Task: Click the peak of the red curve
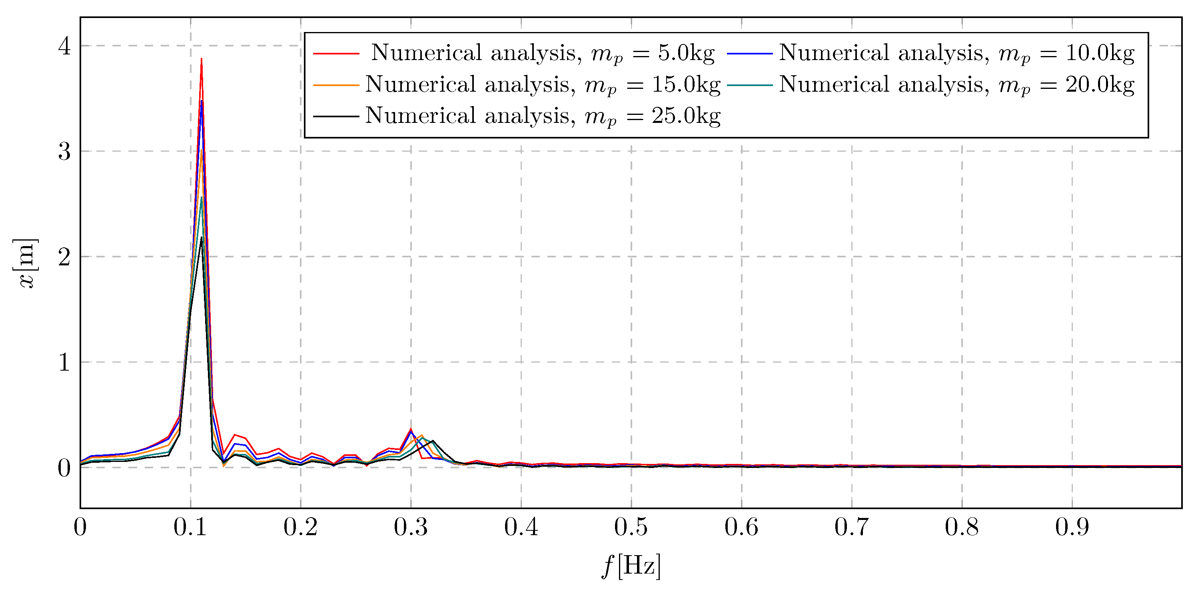coord(201,59)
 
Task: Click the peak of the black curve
coord(201,238)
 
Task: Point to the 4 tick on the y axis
coord(64,46)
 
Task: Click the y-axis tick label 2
coord(64,257)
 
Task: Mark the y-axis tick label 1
coord(64,363)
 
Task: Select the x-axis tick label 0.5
coord(631,527)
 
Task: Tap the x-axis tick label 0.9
coord(1072,527)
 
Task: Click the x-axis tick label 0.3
coord(410,527)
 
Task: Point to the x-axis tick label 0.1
coord(190,527)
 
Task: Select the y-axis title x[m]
coord(26,263)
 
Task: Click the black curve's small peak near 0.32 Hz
coord(433,441)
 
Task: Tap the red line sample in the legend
coord(336,54)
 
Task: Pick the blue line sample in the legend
coord(749,54)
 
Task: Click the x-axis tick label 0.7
coord(851,527)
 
